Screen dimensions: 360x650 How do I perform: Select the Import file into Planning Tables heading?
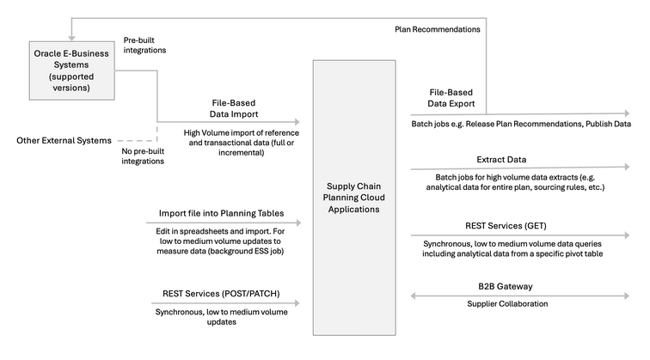(x=223, y=213)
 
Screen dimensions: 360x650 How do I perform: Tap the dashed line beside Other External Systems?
(x=136, y=140)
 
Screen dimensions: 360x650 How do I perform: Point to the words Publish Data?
(x=610, y=124)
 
